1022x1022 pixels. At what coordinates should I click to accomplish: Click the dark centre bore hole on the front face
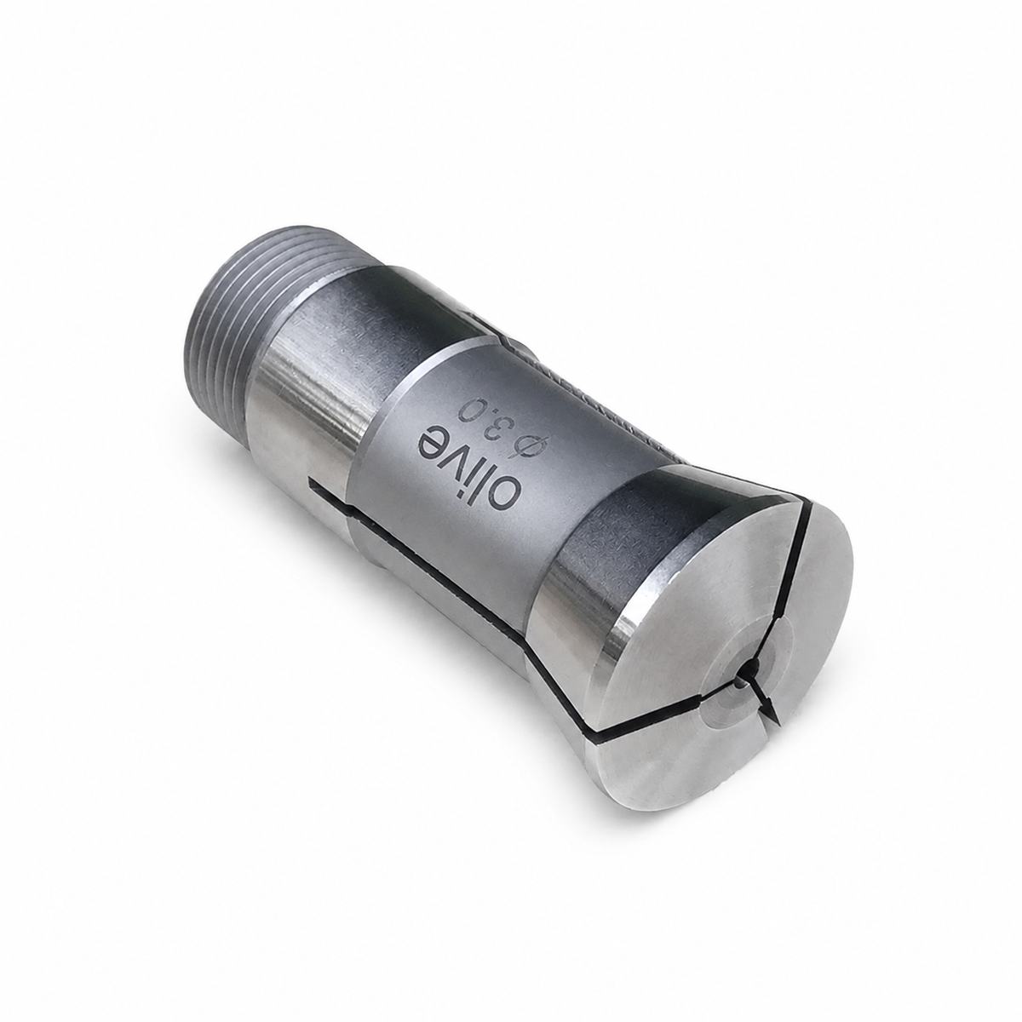tap(750, 669)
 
